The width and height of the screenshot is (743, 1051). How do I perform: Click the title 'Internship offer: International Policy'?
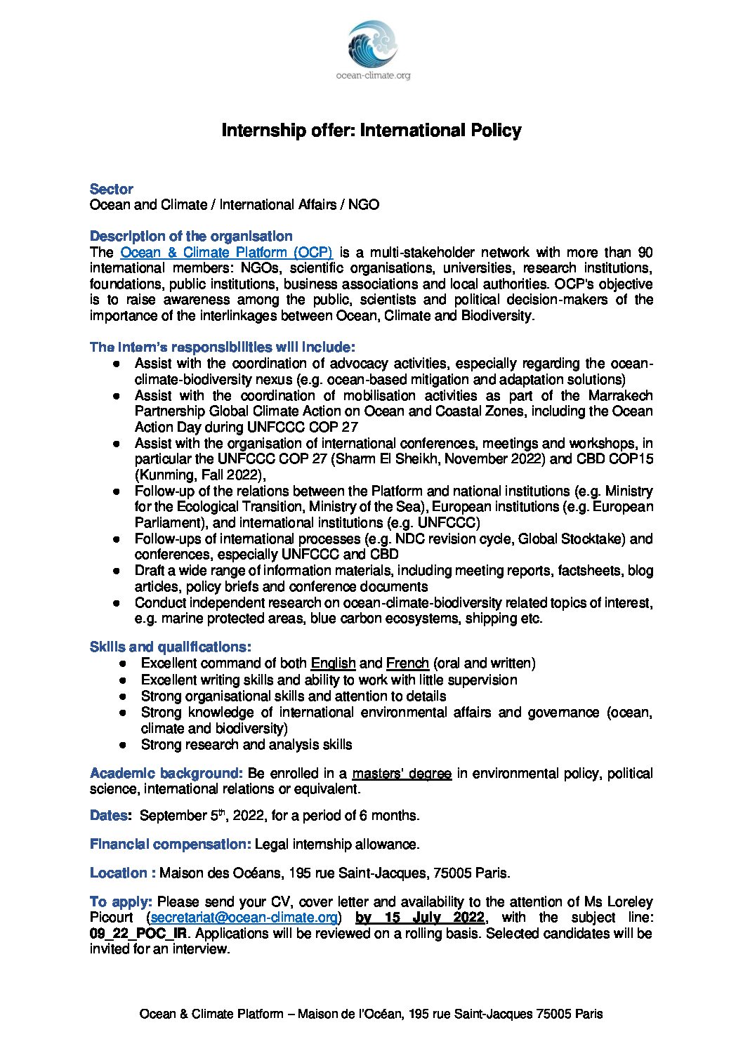click(x=371, y=131)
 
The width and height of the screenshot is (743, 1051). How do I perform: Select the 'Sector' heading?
click(x=111, y=189)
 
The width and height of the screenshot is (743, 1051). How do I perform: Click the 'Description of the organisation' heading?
click(x=191, y=237)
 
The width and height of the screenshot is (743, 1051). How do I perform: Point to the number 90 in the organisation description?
click(x=645, y=253)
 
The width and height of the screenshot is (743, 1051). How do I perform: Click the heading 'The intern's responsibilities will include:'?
click(x=223, y=348)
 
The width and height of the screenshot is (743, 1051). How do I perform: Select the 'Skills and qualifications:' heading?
click(x=170, y=647)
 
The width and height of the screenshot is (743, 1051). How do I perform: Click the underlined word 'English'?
click(x=333, y=663)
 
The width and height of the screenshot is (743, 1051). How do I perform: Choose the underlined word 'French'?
click(x=407, y=663)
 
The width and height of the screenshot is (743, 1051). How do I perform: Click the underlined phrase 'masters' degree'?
click(x=402, y=774)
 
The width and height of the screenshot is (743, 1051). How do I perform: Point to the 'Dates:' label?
click(x=110, y=816)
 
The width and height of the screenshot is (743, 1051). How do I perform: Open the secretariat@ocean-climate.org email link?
click(x=244, y=918)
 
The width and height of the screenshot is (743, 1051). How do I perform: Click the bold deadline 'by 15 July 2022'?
click(x=420, y=918)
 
